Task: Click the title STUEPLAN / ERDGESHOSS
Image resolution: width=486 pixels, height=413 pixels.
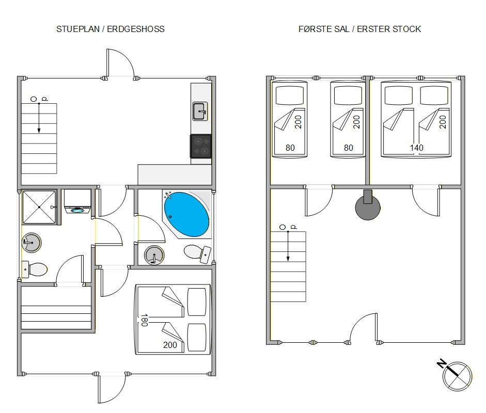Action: (111, 29)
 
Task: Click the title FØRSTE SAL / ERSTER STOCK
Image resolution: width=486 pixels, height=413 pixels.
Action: (359, 29)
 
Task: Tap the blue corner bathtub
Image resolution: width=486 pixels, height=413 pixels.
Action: (186, 214)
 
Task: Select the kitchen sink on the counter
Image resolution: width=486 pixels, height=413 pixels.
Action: (199, 110)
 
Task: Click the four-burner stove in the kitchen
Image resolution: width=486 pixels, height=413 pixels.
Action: (201, 146)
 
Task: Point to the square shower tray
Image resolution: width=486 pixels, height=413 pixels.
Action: (39, 207)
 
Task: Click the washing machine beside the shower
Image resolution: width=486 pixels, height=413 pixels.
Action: (77, 201)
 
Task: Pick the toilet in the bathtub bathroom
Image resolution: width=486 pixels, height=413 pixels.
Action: (197, 252)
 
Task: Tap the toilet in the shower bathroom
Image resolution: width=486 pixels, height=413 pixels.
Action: (35, 269)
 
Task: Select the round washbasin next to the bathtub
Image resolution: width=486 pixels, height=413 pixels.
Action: (154, 255)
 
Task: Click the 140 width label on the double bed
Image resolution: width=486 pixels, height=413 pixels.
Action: (417, 148)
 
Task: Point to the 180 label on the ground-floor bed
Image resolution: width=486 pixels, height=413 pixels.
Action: (145, 320)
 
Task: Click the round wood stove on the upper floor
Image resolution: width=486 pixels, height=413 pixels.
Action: (368, 206)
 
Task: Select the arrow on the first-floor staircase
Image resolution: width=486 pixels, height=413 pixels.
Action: (288, 246)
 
